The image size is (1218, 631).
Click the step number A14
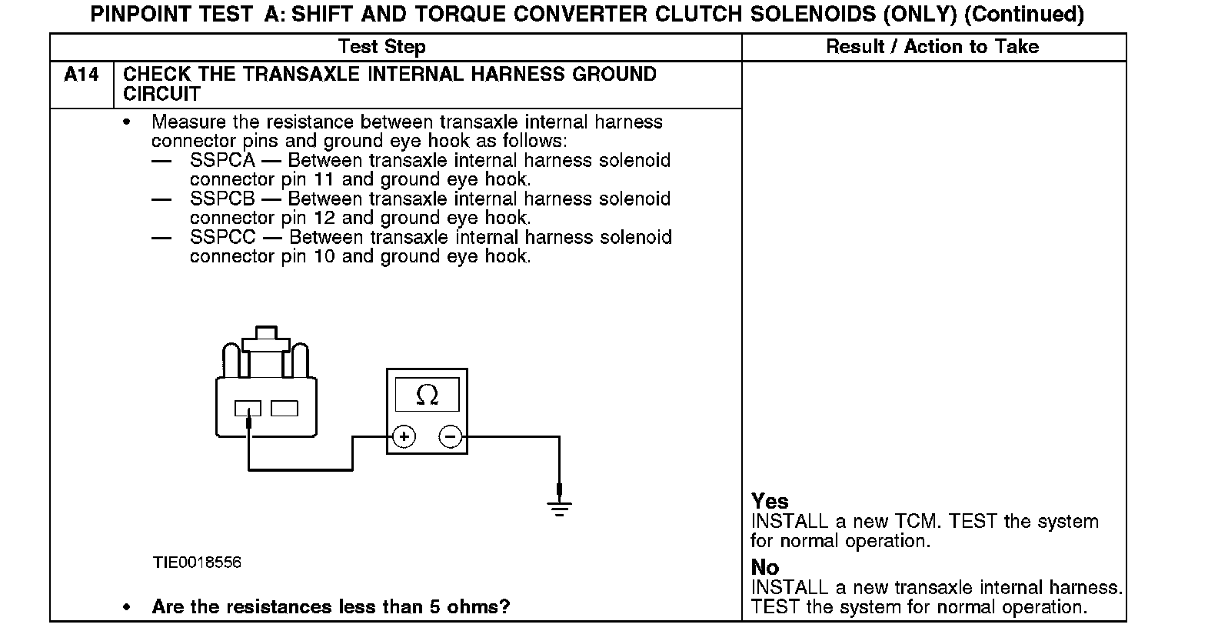coord(81,75)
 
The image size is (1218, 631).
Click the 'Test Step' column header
coord(381,47)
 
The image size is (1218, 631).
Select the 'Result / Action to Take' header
coord(932,47)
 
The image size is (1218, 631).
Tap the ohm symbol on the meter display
coord(427,395)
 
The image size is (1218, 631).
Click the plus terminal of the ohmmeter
coord(404,437)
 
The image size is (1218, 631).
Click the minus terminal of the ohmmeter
coord(450,437)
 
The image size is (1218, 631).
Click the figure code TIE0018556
coord(197,563)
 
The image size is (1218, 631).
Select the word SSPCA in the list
coord(222,161)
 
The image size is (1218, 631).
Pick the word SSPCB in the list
coord(222,199)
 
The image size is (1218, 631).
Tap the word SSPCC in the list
coord(223,238)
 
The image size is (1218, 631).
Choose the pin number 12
coord(324,219)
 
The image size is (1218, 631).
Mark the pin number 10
coord(324,257)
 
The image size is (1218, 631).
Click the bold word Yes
coord(770,502)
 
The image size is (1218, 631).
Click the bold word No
coord(765,568)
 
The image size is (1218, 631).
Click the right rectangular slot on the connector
coord(285,408)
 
